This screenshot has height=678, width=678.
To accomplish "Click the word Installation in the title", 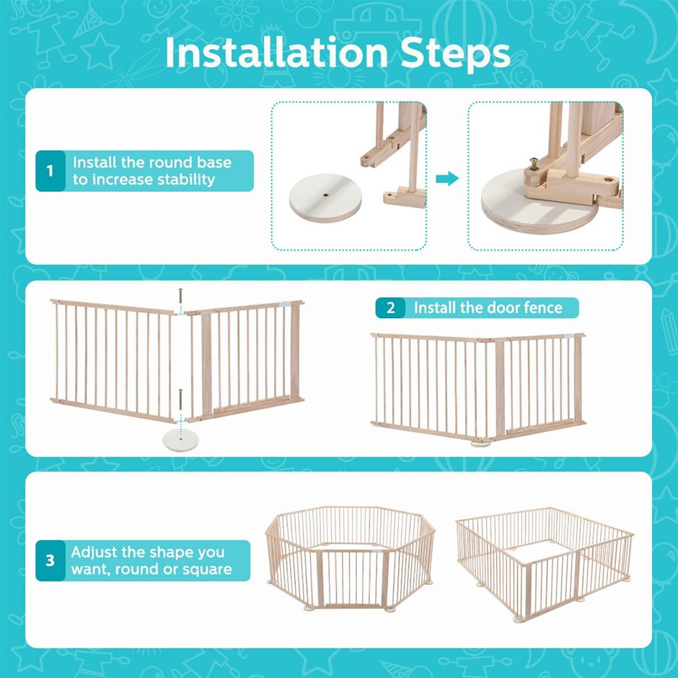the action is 276,53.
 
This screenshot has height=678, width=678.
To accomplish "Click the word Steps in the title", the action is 456,53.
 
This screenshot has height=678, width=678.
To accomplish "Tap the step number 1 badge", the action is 50,171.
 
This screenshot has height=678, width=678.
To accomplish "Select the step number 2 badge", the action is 390,308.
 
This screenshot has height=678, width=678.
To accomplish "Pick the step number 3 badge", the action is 50,560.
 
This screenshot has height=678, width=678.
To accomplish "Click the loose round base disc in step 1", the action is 325,198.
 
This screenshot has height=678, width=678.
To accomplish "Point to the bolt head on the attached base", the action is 534,162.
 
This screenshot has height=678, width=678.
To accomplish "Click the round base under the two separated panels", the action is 181,441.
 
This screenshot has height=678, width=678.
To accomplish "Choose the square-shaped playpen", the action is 545,564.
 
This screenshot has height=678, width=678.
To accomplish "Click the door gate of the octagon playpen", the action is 351,578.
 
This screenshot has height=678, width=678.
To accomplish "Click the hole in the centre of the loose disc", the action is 325,195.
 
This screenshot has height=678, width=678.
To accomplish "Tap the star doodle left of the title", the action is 100,52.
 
